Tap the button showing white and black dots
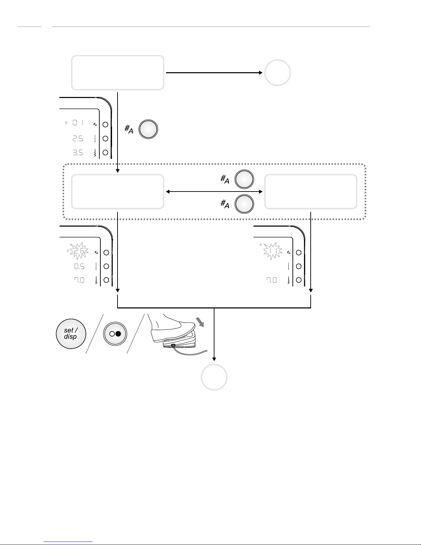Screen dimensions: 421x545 (115, 334)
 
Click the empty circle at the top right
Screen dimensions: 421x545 (277, 73)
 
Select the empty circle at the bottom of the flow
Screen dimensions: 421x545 (214, 377)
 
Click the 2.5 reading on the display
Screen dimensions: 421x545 (77, 139)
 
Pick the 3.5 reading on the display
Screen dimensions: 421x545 (77, 152)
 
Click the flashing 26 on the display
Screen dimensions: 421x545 (78, 252)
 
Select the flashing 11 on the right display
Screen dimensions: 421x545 (270, 252)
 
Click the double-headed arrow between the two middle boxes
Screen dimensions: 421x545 (214, 192)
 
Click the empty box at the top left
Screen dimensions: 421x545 (117, 73)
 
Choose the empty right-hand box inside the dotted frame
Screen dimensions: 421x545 (310, 192)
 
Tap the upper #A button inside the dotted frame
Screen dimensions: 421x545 (244, 179)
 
